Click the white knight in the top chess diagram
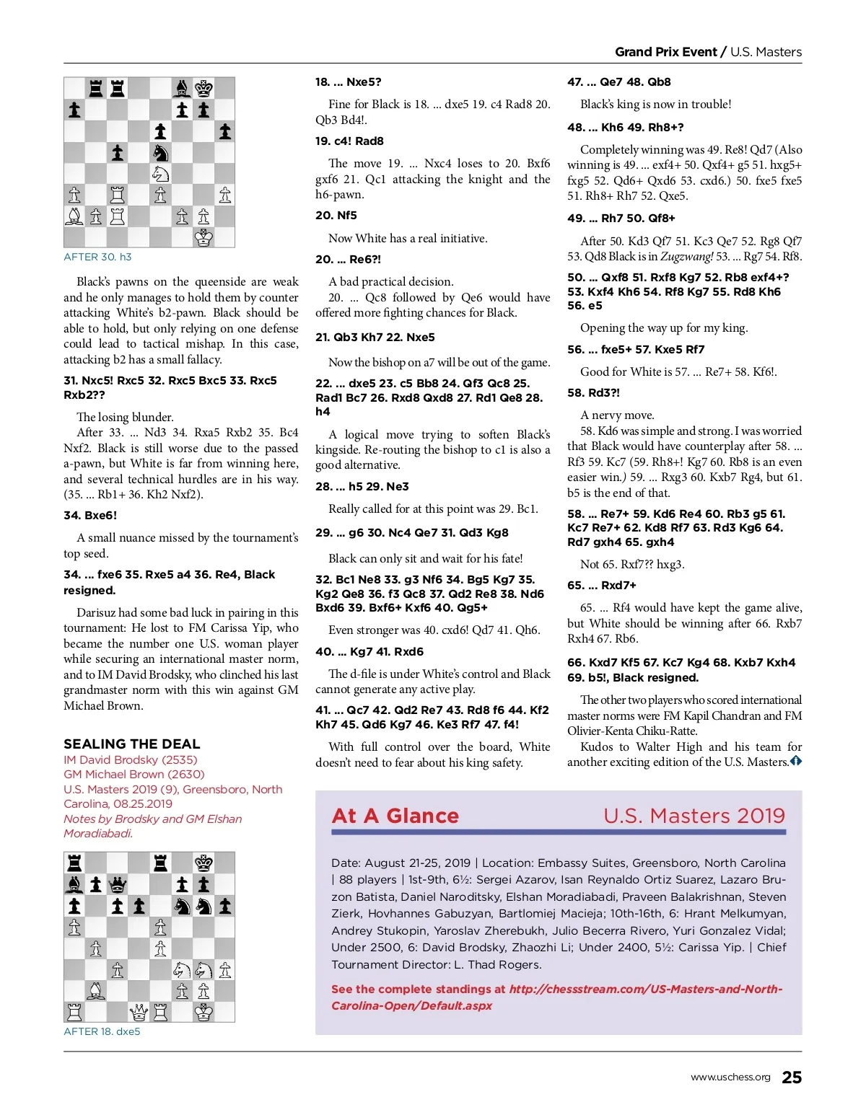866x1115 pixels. pos(160,174)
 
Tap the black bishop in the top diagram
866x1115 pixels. pos(182,89)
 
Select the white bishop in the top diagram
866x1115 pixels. pos(74,216)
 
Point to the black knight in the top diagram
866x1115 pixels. pos(160,153)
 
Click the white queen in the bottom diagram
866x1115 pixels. pos(139,1012)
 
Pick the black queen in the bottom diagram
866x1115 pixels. pos(117,884)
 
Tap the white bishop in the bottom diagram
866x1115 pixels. pos(95,990)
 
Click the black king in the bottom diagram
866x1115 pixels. pos(204,863)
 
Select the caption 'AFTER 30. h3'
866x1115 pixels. pos(97,257)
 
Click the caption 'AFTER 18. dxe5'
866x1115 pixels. pos(102,1031)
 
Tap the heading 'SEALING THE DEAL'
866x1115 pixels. pos(131,744)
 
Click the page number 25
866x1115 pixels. pos(792,1077)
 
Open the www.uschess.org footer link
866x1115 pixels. pos(730,1077)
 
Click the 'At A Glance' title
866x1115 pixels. pos(395,816)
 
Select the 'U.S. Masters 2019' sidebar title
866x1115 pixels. pos(694,816)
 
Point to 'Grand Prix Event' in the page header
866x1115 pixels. pos(665,52)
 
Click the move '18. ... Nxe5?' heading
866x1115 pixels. pos(348,82)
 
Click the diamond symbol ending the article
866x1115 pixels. pos(795,761)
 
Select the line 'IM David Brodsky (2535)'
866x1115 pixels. pos(130,759)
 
